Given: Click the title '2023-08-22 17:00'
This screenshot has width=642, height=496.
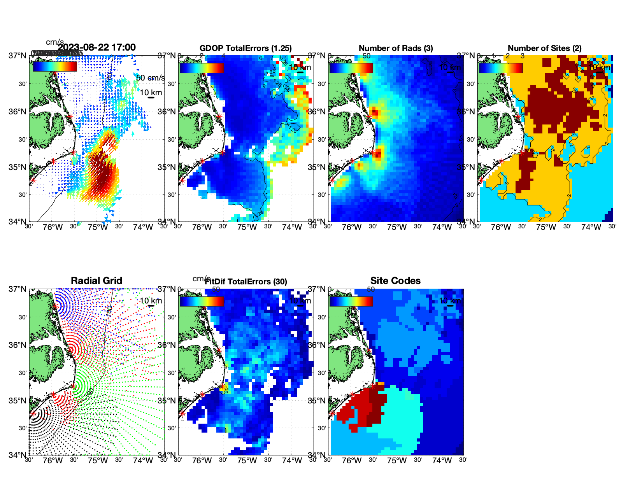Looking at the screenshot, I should click(96, 47).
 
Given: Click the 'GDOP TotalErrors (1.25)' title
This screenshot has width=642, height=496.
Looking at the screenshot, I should click(246, 48).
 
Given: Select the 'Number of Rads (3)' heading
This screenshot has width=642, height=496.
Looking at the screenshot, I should click(396, 48).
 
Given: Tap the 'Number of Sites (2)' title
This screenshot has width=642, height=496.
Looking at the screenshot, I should click(545, 48).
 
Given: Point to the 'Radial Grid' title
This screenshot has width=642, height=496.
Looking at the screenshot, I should click(96, 281).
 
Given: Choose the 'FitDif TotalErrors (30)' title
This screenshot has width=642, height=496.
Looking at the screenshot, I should click(246, 282).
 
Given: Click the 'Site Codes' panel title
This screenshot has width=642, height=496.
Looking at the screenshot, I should click(395, 281).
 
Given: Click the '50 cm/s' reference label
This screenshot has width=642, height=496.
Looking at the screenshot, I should click(150, 78).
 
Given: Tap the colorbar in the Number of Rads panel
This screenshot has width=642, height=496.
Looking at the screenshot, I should click(351, 68).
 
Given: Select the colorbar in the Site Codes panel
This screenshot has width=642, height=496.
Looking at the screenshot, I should click(351, 301).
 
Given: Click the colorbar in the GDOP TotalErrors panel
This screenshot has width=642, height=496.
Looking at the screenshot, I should click(202, 68).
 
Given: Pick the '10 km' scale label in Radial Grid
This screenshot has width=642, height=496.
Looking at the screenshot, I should click(151, 301).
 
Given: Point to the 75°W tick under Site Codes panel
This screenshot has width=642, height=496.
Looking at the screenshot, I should click(396, 461).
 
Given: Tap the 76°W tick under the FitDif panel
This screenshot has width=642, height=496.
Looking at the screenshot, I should click(202, 461).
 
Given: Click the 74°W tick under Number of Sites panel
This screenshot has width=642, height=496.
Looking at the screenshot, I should click(591, 227).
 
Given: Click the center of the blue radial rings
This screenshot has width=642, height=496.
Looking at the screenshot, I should click(55, 306).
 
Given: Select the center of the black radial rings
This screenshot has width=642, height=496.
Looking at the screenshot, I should click(33, 414).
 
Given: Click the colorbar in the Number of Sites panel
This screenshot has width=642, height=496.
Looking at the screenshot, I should click(501, 68).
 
